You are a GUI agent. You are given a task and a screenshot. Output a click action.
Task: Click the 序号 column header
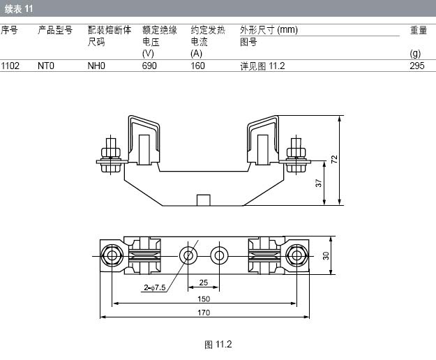click(x=9, y=30)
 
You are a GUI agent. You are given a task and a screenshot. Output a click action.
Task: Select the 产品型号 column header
click(x=55, y=30)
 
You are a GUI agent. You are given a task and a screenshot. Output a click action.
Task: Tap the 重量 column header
click(x=419, y=30)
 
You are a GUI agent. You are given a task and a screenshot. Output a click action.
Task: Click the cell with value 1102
click(x=10, y=66)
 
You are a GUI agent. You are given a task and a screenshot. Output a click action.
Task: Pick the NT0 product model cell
click(x=46, y=66)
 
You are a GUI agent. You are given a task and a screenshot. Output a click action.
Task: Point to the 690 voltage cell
click(x=149, y=66)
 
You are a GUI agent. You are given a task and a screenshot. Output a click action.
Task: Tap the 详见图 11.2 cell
click(x=263, y=66)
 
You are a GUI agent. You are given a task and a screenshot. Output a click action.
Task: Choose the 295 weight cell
click(x=417, y=66)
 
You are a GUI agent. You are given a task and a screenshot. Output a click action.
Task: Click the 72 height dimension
click(x=335, y=159)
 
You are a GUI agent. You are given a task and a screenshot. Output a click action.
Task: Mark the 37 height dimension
click(x=318, y=183)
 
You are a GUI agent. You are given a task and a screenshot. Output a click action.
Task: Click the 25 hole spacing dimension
click(x=203, y=283)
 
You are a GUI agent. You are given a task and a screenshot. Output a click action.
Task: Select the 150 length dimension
click(x=203, y=299)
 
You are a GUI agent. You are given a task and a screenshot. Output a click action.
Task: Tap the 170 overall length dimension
click(x=203, y=313)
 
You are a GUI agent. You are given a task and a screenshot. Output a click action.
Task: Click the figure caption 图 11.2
click(x=217, y=344)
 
